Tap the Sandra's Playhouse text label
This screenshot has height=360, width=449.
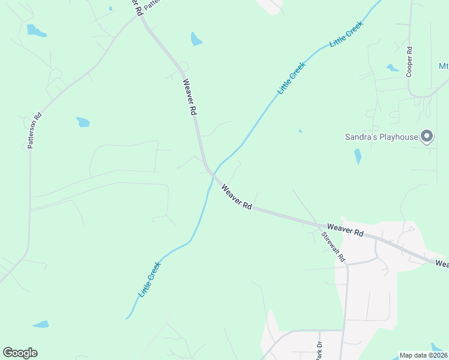point(381,137)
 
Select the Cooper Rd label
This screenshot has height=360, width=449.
point(409,61)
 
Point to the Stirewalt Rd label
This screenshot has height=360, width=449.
point(333,247)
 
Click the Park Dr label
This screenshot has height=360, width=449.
point(319,350)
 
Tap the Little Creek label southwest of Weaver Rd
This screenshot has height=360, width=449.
point(149,280)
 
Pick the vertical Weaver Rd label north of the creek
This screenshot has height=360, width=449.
point(189,97)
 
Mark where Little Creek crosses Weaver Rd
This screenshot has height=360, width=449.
point(211,173)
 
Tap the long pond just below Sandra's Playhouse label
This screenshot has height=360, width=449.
point(358,156)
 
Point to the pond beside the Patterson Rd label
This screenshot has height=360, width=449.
point(82,122)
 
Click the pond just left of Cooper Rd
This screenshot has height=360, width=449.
point(393,68)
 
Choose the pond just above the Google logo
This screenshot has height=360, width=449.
point(41,325)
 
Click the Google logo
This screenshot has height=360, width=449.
point(20,353)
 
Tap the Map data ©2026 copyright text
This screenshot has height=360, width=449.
point(423,355)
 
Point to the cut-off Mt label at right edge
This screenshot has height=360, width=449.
point(443,66)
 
